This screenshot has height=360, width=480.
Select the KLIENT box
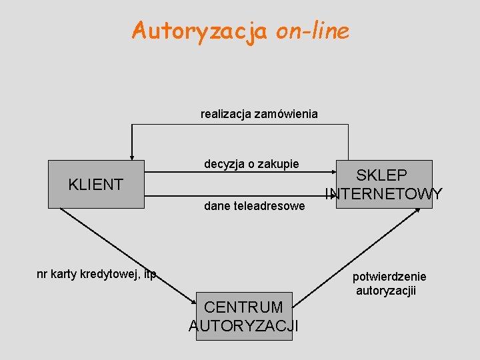pos(96,185)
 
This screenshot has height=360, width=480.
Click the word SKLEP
pos(382,175)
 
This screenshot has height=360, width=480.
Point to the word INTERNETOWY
pos(384,194)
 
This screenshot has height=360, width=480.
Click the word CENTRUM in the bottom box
pos(243,307)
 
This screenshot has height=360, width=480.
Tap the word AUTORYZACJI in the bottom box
pos(243,325)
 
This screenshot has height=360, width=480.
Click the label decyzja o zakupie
pos(251,164)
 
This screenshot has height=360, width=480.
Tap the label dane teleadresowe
pos(254,207)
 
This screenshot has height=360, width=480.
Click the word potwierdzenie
pos(389,277)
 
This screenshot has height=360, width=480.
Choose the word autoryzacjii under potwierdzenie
pos(386,291)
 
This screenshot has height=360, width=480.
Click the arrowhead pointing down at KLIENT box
pos(132,155)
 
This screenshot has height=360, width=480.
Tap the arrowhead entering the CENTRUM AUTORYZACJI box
pos(193,302)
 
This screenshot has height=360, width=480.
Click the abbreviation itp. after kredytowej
pos(149,274)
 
